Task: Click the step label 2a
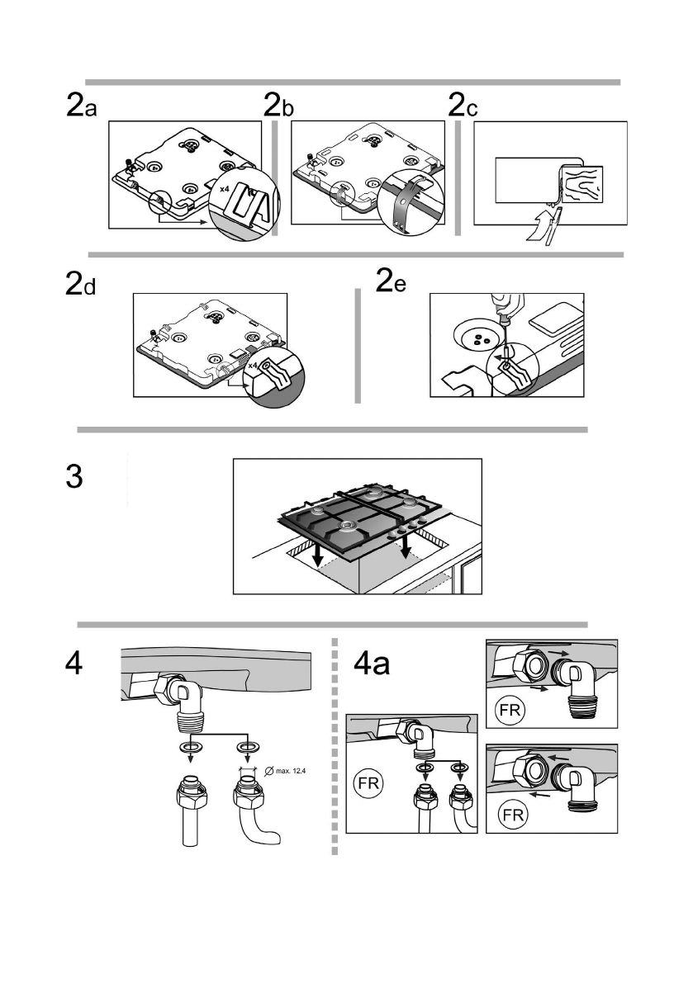[81, 108]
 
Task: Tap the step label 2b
[279, 108]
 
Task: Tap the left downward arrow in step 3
[317, 557]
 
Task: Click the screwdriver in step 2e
[503, 326]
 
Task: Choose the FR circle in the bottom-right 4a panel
[513, 815]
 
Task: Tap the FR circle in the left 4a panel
[367, 782]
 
